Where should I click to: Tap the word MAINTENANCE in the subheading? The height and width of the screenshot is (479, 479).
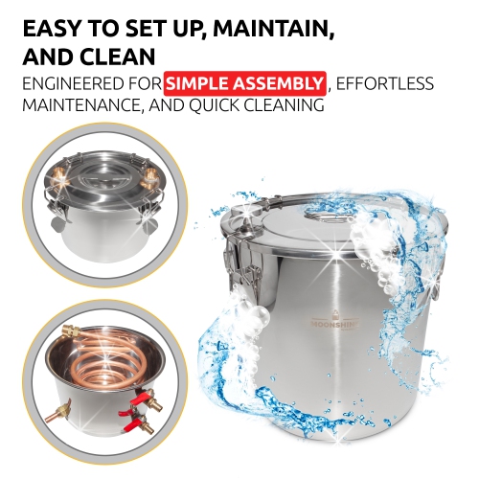[90, 105]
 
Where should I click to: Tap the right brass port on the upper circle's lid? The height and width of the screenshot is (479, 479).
[151, 177]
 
